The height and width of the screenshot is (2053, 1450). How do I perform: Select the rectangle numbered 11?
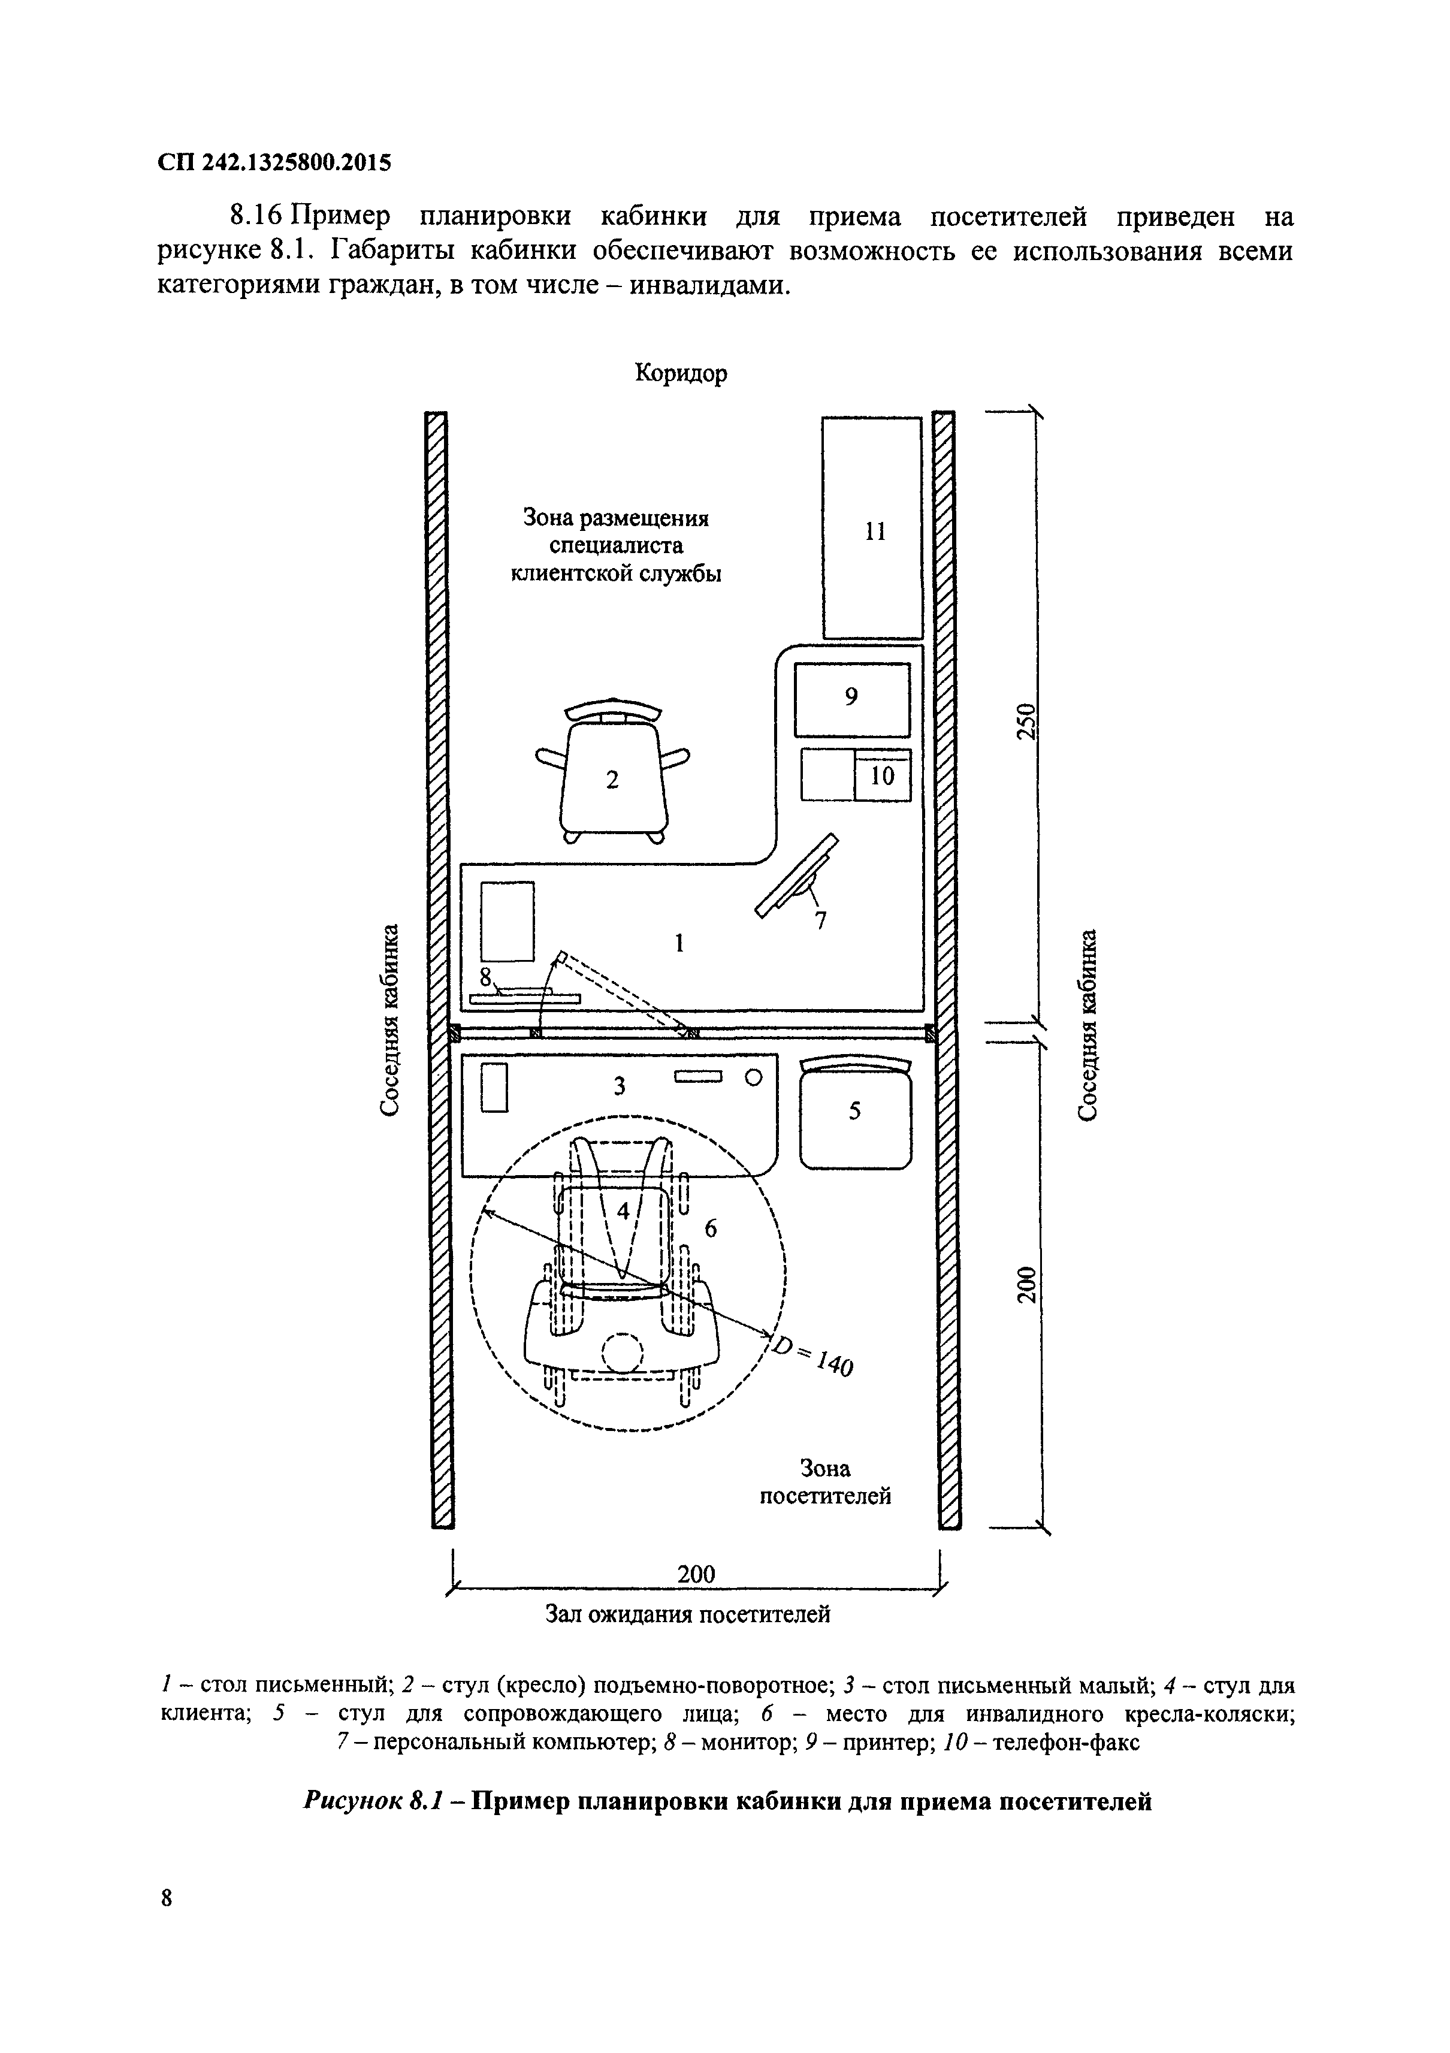coord(872,527)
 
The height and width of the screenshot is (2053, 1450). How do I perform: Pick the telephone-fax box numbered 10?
coord(883,776)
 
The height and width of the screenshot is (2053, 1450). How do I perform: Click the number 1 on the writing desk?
coord(679,943)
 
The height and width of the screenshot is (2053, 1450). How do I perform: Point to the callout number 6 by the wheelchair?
coord(711,1228)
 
